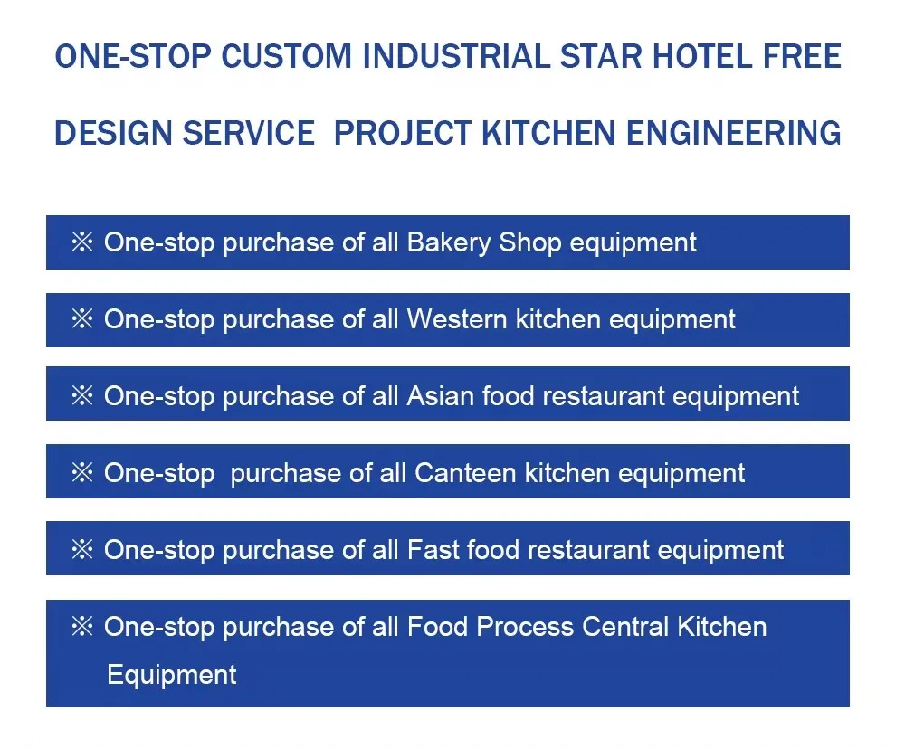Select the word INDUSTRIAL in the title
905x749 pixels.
coord(456,56)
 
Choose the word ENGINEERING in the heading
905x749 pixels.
coord(734,133)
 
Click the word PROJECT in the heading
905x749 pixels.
coord(403,133)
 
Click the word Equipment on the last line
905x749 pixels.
coord(172,675)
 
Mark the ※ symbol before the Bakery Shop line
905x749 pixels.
coord(82,242)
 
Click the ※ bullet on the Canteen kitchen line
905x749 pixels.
coord(82,473)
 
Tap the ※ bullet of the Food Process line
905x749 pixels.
coord(82,627)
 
